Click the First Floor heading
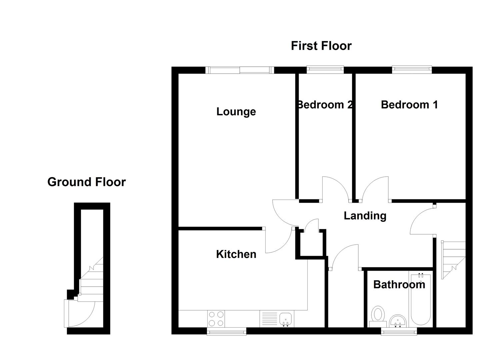(321, 46)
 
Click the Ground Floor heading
(86, 182)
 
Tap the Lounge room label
(236, 111)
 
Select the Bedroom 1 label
(409, 105)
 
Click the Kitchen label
(236, 254)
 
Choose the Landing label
(365, 216)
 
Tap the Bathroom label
(399, 285)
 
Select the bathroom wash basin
(397, 321)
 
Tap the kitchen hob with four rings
(216, 319)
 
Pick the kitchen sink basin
(286, 319)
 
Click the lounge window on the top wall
(240, 70)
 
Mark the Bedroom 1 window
(412, 69)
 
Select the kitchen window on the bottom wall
(227, 331)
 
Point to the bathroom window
(399, 331)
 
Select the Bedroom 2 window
(325, 69)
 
